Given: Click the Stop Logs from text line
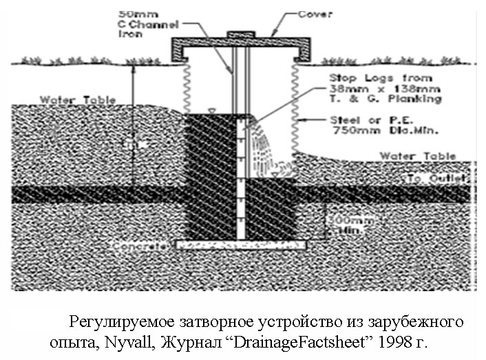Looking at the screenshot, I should [380, 78].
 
